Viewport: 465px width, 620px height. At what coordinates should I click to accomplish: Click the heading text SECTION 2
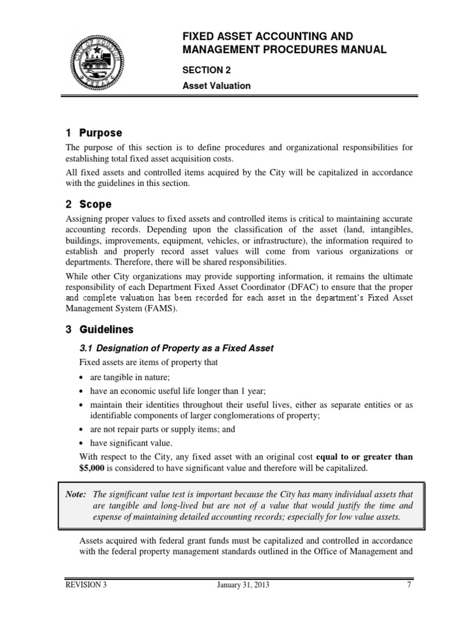(x=207, y=70)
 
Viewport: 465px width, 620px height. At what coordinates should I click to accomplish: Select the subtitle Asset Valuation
(x=217, y=85)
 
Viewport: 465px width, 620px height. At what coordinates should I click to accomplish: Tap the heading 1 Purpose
(x=94, y=133)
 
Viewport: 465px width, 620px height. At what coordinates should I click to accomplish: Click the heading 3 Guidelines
(x=99, y=330)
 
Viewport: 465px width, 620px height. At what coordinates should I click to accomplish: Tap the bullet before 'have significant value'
(x=83, y=443)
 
